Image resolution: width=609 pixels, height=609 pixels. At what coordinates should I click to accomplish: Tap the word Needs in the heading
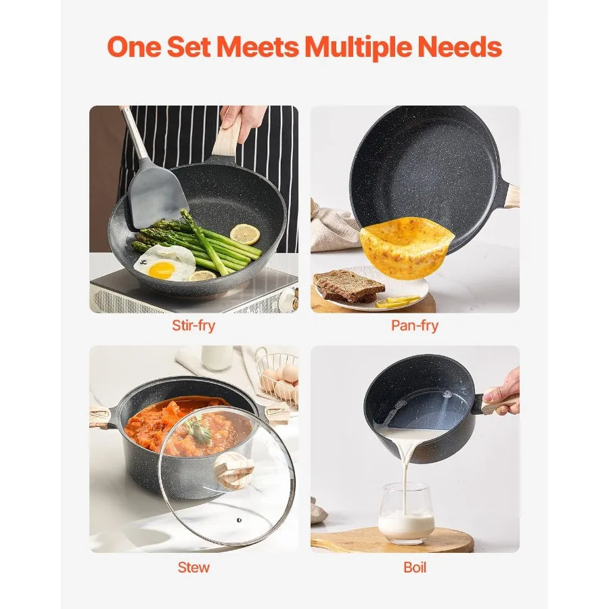(x=461, y=47)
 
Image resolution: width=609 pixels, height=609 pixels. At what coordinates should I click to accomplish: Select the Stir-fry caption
(x=194, y=325)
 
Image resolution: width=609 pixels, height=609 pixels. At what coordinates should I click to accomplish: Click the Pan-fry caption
(x=415, y=325)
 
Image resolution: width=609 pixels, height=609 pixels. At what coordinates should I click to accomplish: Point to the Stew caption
(x=194, y=567)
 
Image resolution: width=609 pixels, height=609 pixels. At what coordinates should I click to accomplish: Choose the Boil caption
(x=415, y=567)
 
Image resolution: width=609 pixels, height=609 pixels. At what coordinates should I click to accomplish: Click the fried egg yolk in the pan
(x=161, y=270)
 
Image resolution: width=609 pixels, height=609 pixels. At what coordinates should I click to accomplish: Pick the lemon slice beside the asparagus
(x=244, y=234)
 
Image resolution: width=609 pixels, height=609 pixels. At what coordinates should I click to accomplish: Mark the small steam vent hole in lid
(x=239, y=519)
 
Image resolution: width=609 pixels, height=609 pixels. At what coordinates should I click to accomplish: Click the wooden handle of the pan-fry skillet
(x=512, y=196)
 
